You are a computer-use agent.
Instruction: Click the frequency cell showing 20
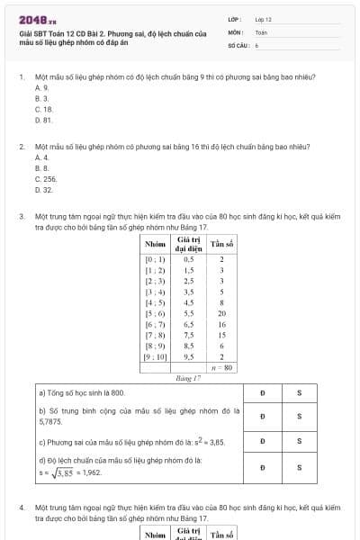(x=221, y=313)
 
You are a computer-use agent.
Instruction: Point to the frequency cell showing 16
(x=221, y=324)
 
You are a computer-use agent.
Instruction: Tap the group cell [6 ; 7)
(x=156, y=324)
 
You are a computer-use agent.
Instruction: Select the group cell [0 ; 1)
(x=156, y=258)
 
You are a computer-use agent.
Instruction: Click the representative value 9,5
(x=189, y=356)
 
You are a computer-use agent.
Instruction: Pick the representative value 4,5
(x=189, y=302)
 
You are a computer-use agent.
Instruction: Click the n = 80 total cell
(x=221, y=368)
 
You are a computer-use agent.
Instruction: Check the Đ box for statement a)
(x=262, y=393)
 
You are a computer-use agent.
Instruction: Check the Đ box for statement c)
(x=262, y=442)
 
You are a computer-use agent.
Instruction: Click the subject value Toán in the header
(x=261, y=31)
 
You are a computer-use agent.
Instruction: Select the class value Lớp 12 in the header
(x=263, y=19)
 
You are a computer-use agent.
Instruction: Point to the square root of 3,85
(x=58, y=471)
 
